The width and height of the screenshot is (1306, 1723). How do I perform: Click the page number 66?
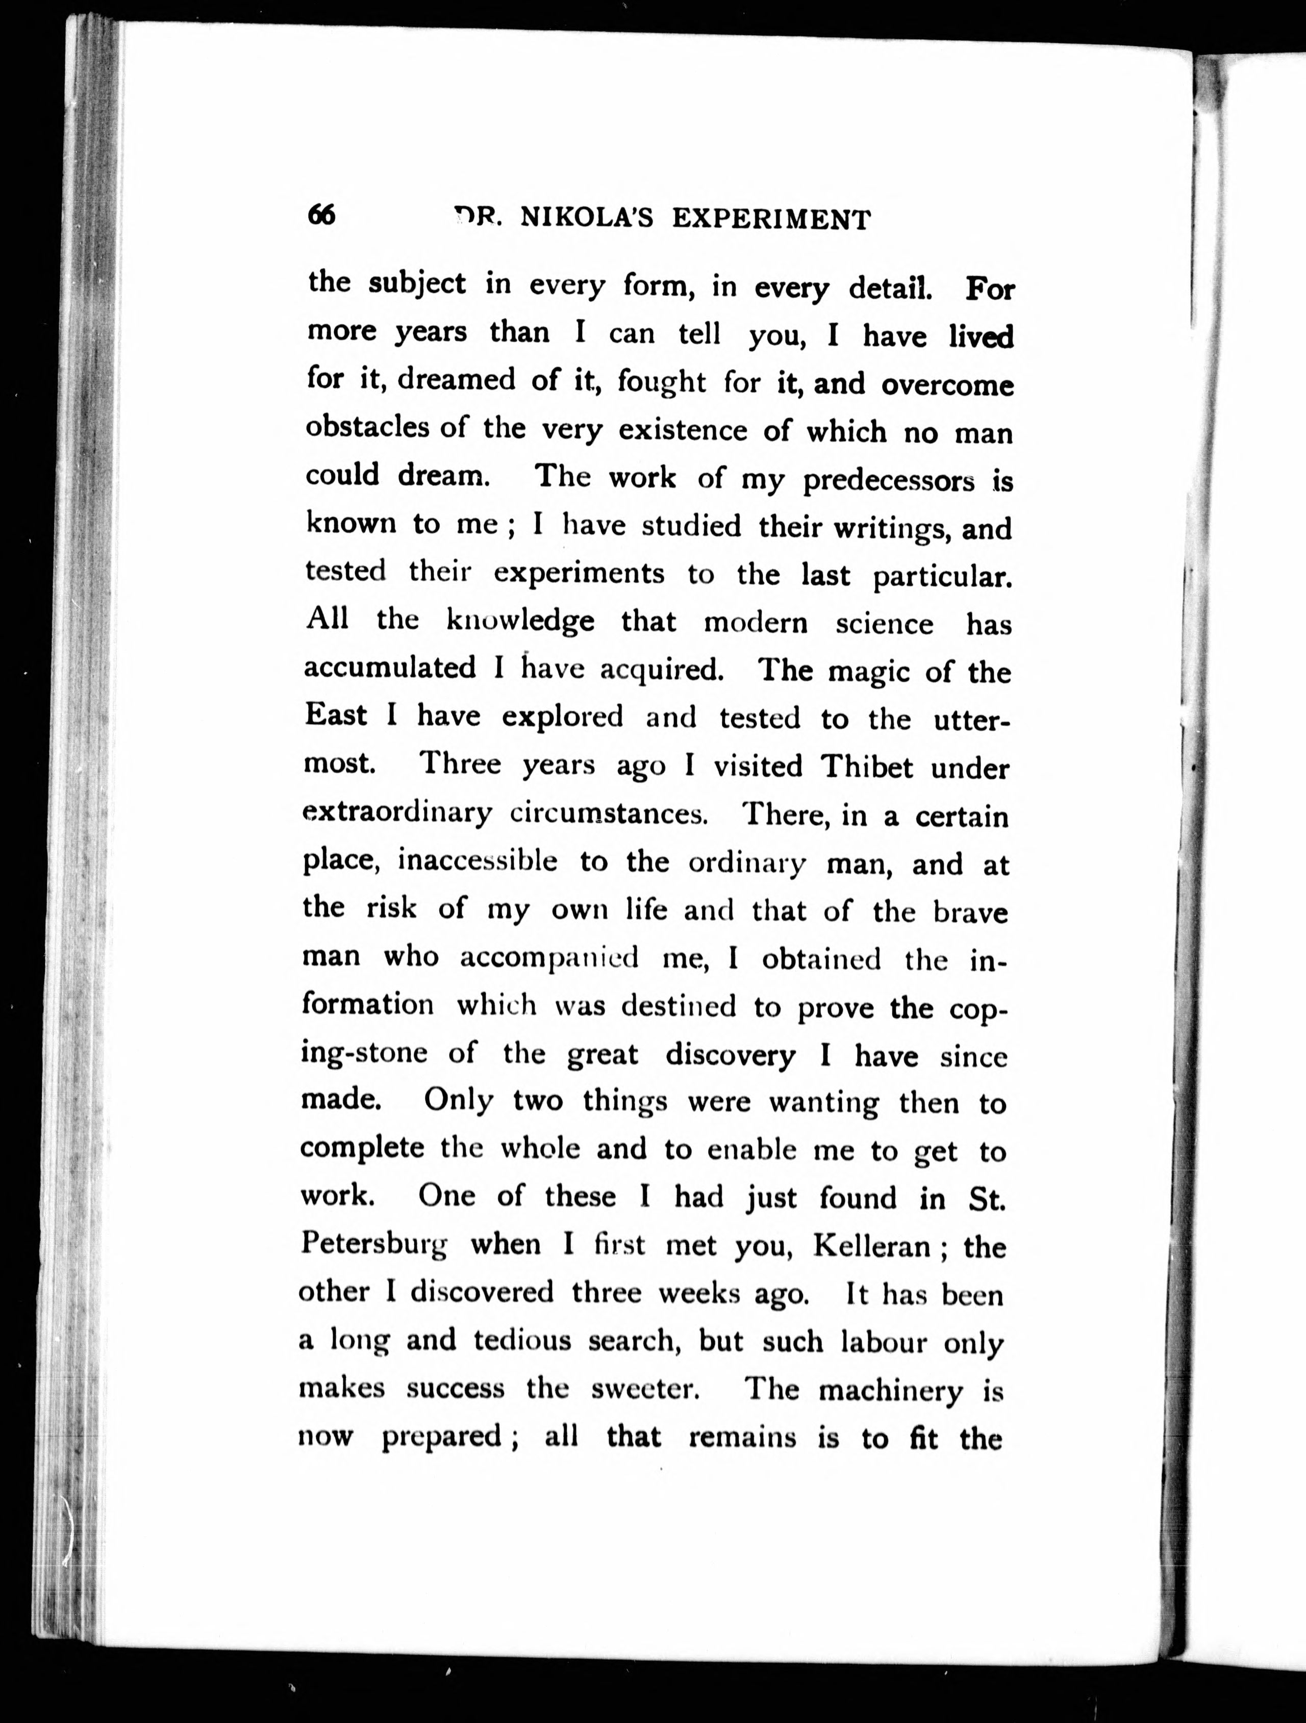(321, 214)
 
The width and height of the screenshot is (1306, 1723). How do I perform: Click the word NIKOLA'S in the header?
(586, 219)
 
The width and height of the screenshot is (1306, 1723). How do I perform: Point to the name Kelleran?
(871, 1246)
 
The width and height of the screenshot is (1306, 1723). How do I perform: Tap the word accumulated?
(389, 668)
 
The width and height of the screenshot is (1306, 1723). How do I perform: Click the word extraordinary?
(397, 813)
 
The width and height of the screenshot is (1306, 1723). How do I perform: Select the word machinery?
(890, 1390)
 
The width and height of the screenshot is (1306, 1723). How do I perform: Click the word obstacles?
(367, 427)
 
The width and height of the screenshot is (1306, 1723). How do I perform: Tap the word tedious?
(522, 1341)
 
